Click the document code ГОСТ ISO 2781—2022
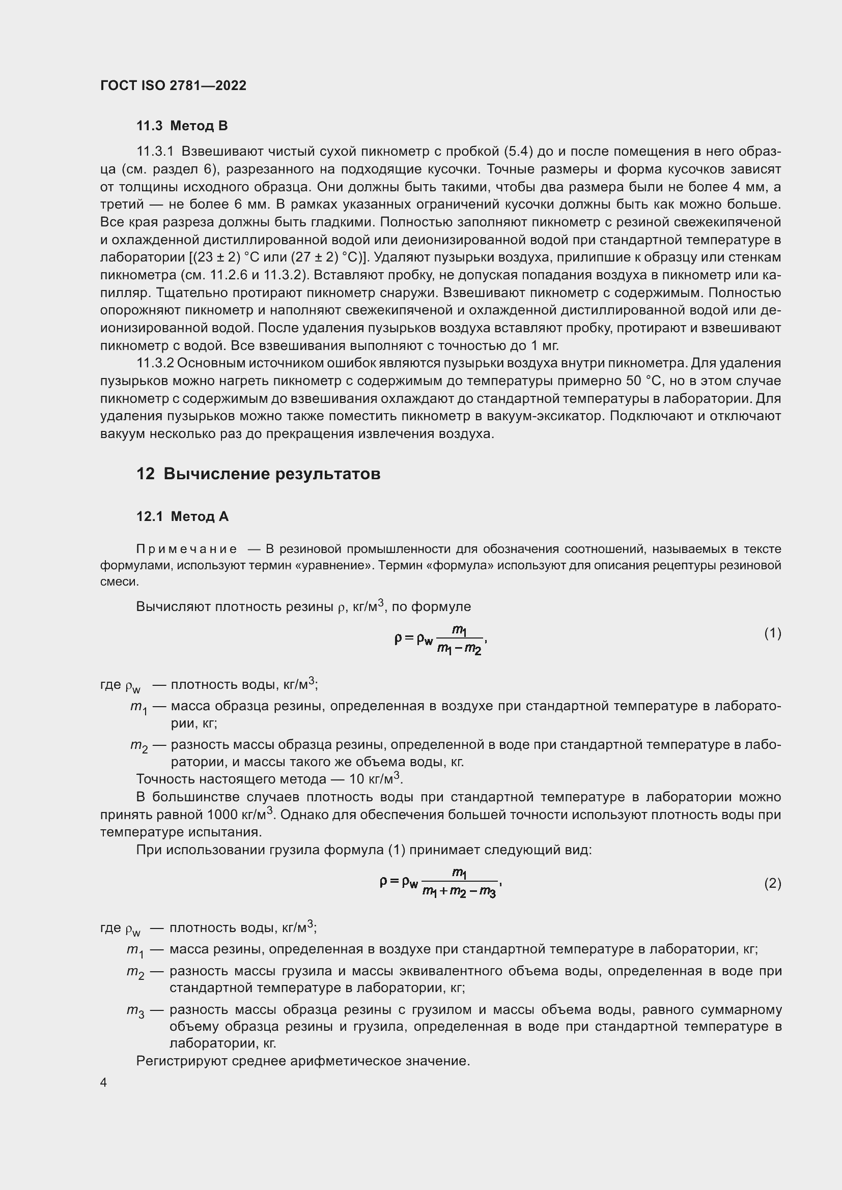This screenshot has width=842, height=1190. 173,85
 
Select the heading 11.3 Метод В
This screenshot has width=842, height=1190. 181,126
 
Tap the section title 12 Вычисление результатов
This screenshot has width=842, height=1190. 258,474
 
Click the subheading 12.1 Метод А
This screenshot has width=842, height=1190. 182,516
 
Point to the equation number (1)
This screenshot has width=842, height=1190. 772,633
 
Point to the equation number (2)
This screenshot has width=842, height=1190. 772,883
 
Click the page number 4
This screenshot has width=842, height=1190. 103,1082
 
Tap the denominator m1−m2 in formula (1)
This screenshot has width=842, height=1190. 459,648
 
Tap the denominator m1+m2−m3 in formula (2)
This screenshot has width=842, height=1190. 459,892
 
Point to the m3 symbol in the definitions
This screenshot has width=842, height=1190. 135,1011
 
